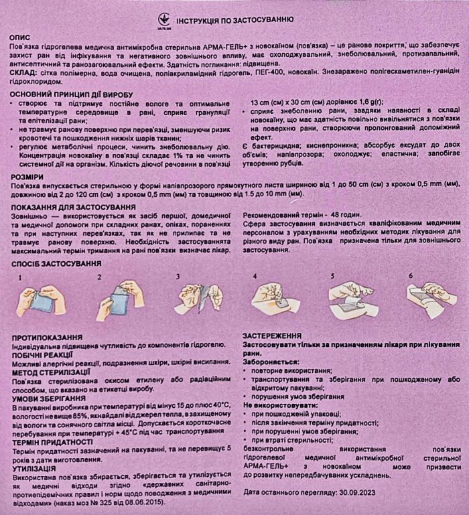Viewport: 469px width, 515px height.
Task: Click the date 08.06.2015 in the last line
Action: (x=139, y=502)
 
